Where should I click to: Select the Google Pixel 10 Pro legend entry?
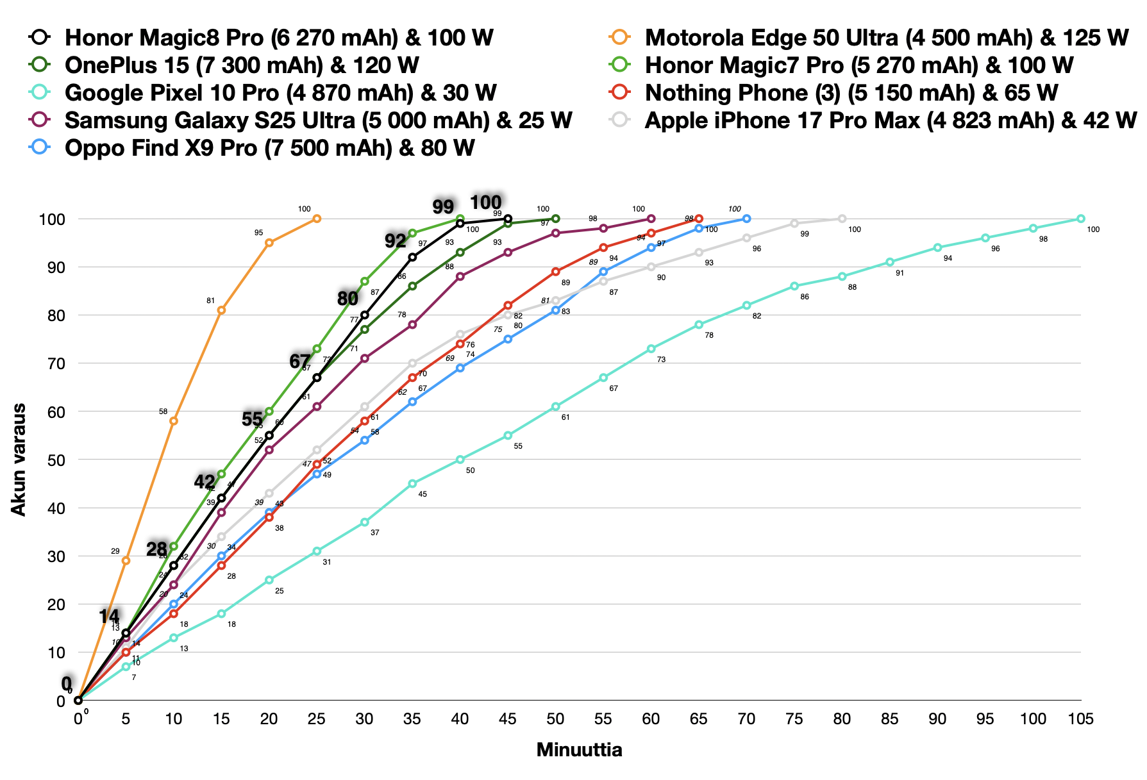280,93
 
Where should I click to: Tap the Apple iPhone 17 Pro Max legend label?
890,120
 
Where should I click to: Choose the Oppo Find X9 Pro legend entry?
269,148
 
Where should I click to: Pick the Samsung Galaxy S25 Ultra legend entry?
318,120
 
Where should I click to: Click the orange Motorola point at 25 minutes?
317,219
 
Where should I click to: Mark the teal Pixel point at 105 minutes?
1080,219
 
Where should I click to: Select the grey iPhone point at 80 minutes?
842,219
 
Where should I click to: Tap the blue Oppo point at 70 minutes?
746,219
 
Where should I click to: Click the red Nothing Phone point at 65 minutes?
699,219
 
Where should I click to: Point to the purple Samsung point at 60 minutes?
651,219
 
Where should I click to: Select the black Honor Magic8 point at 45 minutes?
508,219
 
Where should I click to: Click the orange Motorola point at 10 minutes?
173,420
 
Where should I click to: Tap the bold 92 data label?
396,241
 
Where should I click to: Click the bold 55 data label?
252,419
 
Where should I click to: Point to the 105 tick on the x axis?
1080,718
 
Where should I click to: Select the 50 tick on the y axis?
56,460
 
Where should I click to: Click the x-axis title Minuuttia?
579,750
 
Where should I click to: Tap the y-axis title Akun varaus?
19,459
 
